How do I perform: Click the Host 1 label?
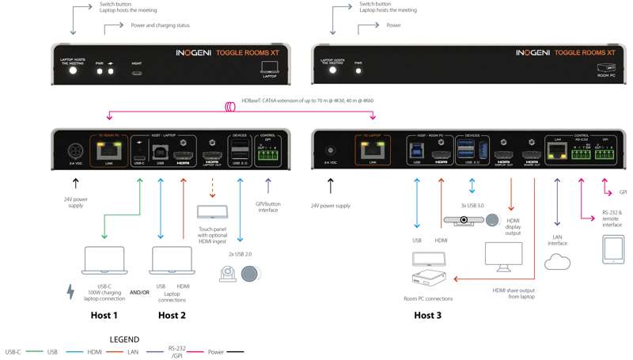(x=104, y=315)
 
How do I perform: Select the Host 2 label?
(x=172, y=315)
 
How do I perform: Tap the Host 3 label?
(x=428, y=315)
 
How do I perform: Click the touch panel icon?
(x=212, y=212)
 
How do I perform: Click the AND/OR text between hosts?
(x=139, y=293)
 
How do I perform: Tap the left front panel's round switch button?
(x=74, y=70)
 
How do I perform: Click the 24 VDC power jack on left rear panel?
(x=76, y=150)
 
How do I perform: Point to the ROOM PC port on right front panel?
(x=607, y=70)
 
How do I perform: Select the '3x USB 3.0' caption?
(x=472, y=206)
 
